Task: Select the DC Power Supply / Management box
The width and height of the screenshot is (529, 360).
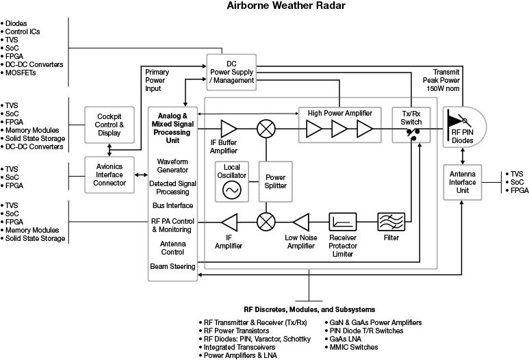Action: coord(231,71)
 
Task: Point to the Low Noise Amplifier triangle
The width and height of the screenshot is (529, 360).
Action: coord(302,222)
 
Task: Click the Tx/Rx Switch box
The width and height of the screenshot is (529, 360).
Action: coord(409,125)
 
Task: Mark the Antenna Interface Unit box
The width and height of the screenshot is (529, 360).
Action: coord(463,183)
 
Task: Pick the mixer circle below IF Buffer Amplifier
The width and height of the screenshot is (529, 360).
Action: coord(265,129)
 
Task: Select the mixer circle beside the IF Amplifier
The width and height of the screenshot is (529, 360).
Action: coord(265,222)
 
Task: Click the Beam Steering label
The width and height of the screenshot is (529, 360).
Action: coord(172,266)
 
